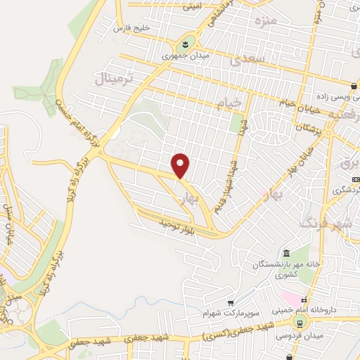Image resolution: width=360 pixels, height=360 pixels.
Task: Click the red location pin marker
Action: (181, 165)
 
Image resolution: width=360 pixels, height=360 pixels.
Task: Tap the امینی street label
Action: (191, 8)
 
